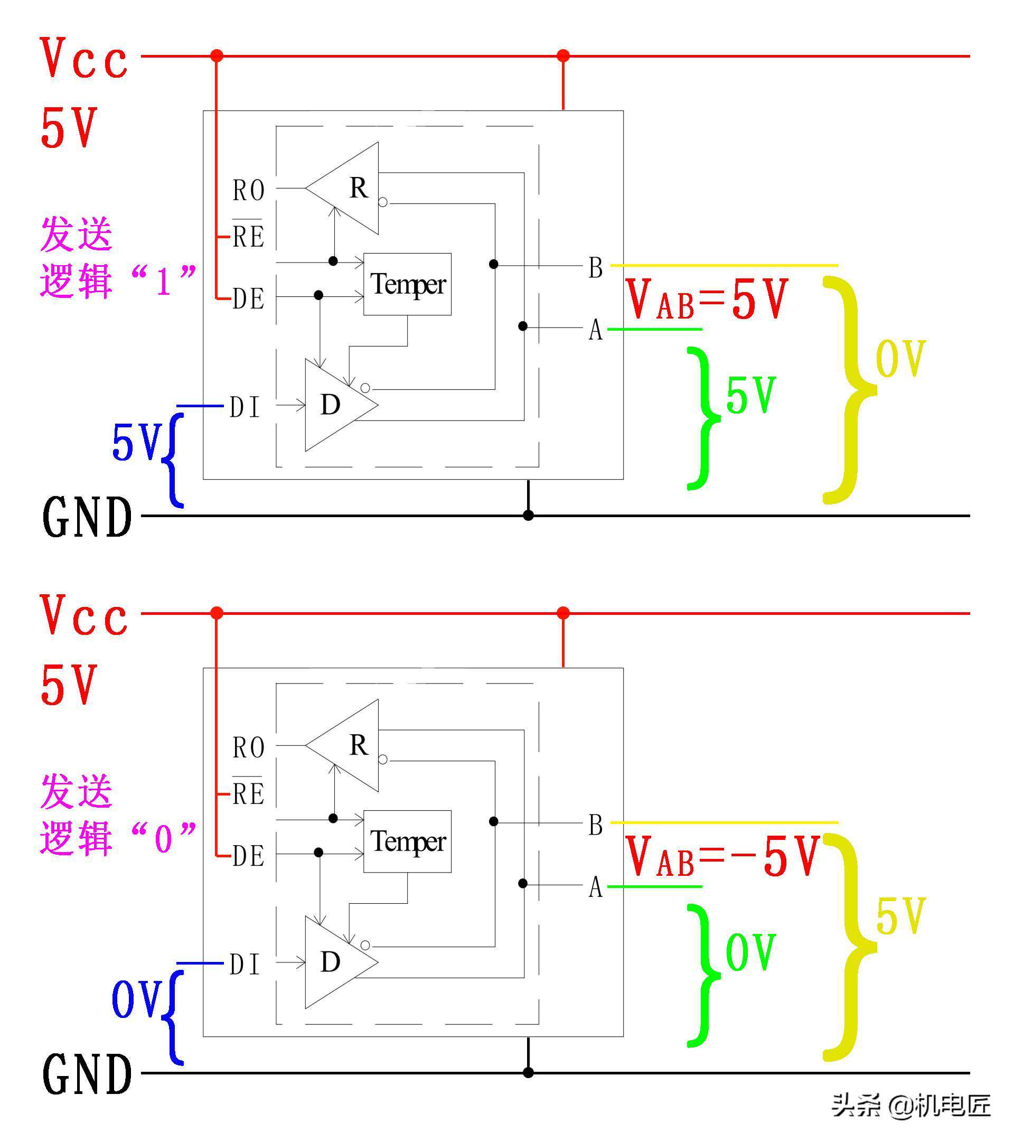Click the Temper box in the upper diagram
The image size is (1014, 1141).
point(407,284)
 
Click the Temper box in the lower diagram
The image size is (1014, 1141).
point(407,841)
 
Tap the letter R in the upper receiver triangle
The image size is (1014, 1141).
point(359,188)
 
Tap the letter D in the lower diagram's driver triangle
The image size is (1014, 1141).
point(331,962)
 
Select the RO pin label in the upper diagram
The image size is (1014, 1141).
point(248,190)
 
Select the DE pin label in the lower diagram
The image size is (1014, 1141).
point(248,856)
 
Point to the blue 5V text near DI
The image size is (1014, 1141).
point(137,442)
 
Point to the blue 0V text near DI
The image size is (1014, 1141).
point(137,999)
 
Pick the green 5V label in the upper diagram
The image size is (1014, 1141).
point(750,395)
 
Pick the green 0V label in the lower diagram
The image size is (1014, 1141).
point(750,952)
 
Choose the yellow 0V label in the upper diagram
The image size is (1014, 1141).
point(900,358)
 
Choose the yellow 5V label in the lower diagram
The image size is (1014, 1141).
point(900,915)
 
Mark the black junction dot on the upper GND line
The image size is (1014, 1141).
point(528,515)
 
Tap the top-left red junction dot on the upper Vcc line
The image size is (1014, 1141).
point(217,56)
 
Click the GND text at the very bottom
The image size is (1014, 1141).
point(88,1074)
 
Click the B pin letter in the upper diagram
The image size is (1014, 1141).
point(595,267)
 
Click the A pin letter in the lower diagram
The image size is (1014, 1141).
point(595,886)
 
